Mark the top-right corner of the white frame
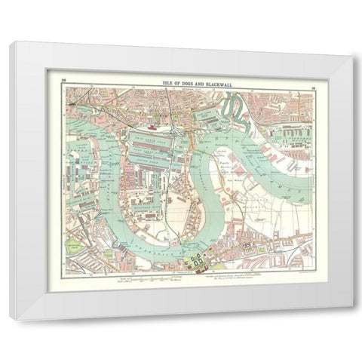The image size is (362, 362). [352, 44]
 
